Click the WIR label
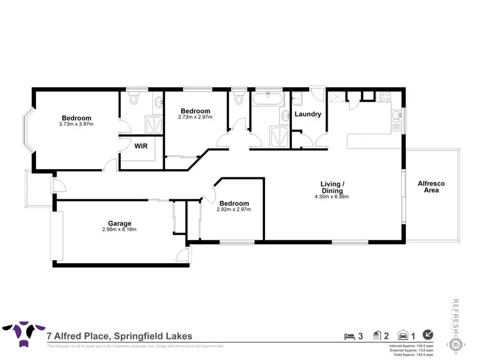(x=141, y=146)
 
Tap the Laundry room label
(x=307, y=115)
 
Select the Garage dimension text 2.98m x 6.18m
(x=118, y=229)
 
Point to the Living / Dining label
(x=332, y=187)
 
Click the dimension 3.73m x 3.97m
(x=77, y=124)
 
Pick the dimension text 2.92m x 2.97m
(x=234, y=209)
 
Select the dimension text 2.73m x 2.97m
(x=194, y=118)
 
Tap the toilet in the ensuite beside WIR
(x=132, y=100)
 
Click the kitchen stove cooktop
(x=385, y=97)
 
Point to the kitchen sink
(x=396, y=116)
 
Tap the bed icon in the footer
(x=349, y=335)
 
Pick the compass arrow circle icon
(x=428, y=334)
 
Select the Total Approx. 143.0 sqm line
(x=411, y=354)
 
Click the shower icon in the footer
(x=378, y=335)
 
